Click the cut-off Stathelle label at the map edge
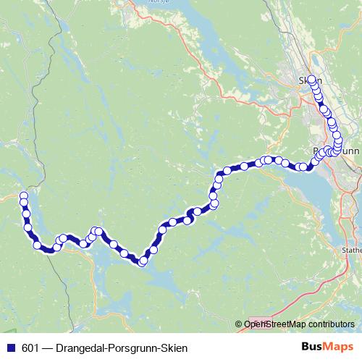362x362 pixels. [x=352, y=251]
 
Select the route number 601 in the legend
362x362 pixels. [x=31, y=348]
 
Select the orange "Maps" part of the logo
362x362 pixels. [x=338, y=348]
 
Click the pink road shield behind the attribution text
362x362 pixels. [x=260, y=324]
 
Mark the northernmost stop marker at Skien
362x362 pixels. [x=312, y=80]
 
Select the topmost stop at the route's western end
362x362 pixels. [x=24, y=195]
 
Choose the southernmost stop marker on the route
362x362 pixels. [x=143, y=261]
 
